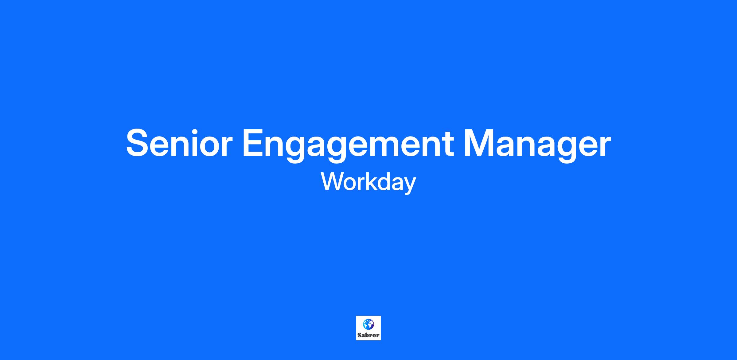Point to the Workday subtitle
click(x=368, y=182)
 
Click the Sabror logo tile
click(x=368, y=328)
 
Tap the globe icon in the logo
click(x=368, y=324)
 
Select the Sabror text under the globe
click(x=368, y=335)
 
